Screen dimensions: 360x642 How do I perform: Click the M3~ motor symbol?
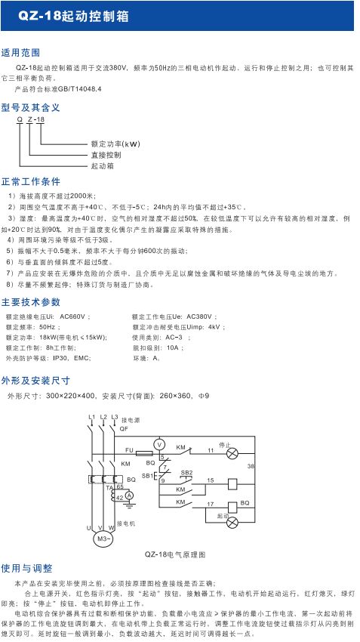tap(102, 539)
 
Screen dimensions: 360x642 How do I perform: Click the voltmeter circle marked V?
tap(159, 443)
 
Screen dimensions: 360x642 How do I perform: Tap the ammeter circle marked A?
tap(128, 494)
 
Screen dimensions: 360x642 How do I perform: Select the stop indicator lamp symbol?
tap(232, 453)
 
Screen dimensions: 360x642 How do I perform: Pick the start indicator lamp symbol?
tap(232, 522)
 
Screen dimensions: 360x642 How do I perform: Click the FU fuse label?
tap(129, 450)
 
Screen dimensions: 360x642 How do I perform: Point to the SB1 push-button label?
tap(147, 475)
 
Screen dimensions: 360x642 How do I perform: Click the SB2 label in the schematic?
tap(186, 471)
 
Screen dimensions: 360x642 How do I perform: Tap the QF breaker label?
tap(123, 428)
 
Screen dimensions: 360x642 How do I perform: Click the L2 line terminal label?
tap(103, 417)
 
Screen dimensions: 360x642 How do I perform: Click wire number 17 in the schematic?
tap(211, 502)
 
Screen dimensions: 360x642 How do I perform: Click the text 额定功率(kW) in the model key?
tap(115, 143)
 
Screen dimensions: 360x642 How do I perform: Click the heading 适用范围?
tap(20, 53)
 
